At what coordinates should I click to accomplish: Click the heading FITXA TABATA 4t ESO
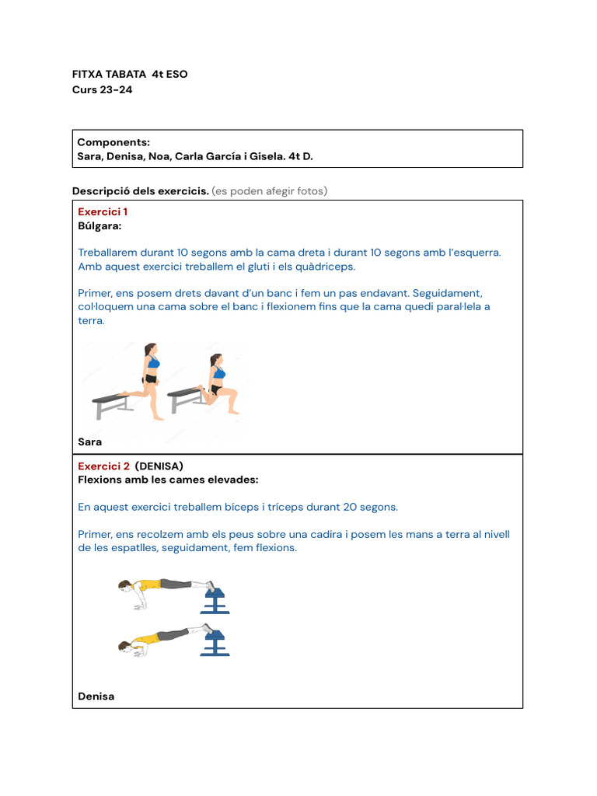pyautogui.click(x=130, y=75)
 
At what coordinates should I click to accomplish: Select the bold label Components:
pyautogui.click(x=113, y=142)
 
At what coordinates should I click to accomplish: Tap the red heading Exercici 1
pyautogui.click(x=103, y=211)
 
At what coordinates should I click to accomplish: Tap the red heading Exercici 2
pyautogui.click(x=104, y=466)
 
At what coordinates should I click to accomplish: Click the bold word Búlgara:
pyautogui.click(x=99, y=225)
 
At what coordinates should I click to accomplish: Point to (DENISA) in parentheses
pyautogui.click(x=159, y=466)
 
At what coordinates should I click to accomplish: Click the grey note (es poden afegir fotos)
pyautogui.click(x=270, y=191)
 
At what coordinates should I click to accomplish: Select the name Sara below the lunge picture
pyautogui.click(x=90, y=442)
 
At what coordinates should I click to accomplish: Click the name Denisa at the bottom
pyautogui.click(x=96, y=696)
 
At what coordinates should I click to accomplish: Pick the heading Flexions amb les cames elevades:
pyautogui.click(x=168, y=480)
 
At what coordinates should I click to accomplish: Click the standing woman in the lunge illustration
pyautogui.click(x=151, y=381)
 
